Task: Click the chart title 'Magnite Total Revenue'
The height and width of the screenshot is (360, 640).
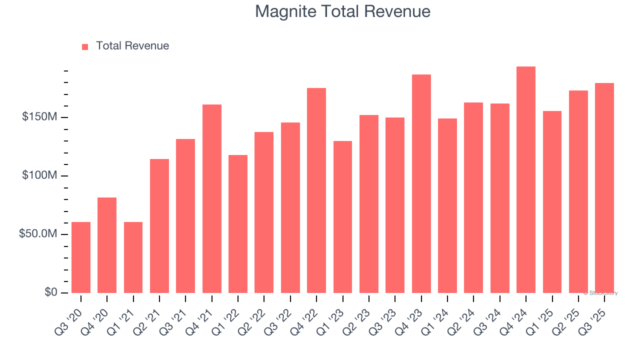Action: point(342,11)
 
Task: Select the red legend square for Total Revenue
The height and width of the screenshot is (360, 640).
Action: point(85,46)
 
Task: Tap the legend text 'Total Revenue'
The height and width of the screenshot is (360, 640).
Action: point(132,46)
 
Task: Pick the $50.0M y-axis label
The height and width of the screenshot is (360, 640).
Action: point(37,234)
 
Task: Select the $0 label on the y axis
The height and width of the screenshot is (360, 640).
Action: point(50,292)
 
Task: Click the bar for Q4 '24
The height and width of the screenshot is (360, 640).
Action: point(526,180)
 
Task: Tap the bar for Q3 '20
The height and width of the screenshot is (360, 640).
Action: point(81,257)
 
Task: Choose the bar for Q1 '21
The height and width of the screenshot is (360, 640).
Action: point(133,257)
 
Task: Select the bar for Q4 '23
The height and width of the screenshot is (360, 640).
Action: point(421,184)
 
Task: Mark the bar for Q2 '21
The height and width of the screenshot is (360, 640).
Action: point(159,226)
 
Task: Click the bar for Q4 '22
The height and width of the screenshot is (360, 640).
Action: point(316,190)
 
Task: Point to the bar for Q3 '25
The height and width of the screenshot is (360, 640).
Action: point(604,188)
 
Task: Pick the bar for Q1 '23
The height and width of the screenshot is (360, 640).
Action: point(342,217)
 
